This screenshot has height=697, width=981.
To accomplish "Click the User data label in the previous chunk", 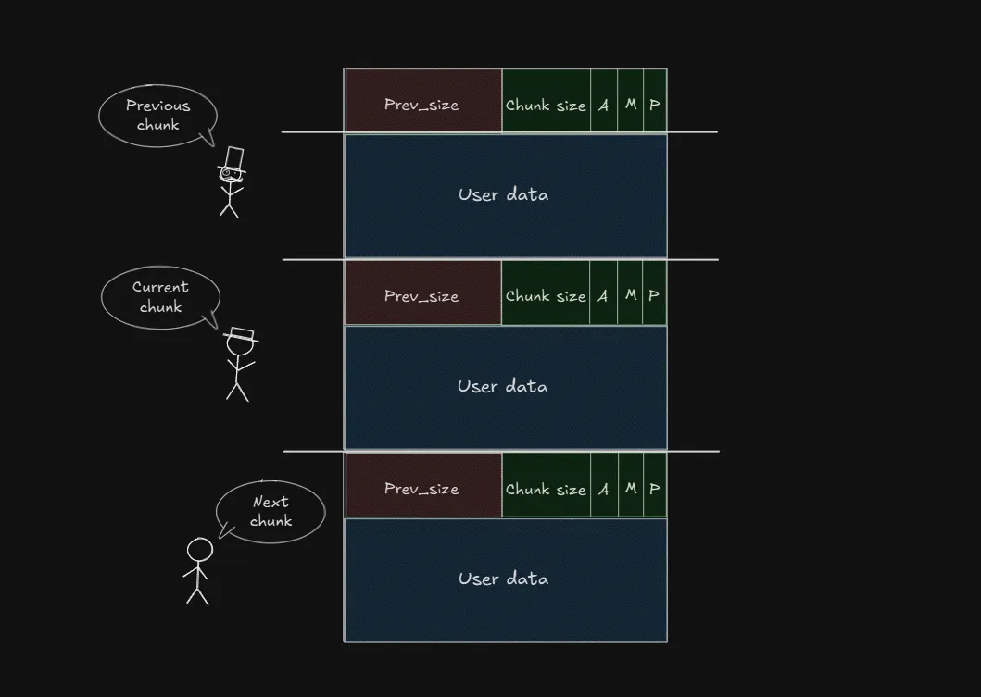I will tap(503, 194).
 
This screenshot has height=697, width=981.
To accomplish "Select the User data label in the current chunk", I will tap(503, 386).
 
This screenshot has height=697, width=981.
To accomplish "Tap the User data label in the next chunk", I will tap(503, 579).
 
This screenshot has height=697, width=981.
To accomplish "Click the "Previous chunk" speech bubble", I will tap(157, 116).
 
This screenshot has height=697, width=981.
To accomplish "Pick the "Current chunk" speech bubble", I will tap(160, 297).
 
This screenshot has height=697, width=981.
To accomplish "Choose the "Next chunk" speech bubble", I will tap(270, 511).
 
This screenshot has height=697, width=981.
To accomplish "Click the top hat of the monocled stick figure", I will tap(233, 157).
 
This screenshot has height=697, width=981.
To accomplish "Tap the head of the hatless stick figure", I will tap(199, 550).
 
